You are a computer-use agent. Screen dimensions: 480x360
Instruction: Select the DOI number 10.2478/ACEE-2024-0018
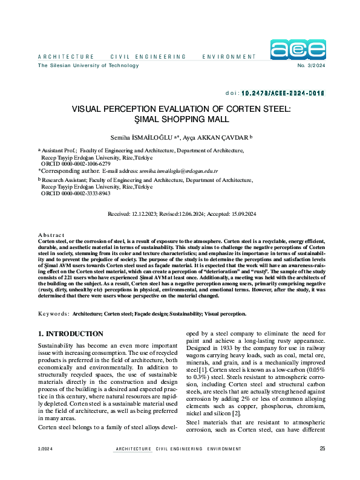(x=283, y=94)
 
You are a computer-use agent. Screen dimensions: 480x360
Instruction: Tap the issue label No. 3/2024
(x=311, y=65)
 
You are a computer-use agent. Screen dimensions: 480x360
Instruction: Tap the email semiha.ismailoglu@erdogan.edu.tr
(x=178, y=171)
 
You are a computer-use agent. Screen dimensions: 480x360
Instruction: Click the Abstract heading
(x=51, y=235)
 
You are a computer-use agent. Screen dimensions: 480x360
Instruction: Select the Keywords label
(x=53, y=314)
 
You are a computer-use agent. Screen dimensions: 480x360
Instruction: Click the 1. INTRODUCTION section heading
(x=71, y=334)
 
